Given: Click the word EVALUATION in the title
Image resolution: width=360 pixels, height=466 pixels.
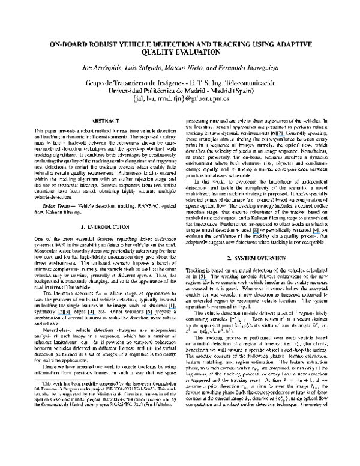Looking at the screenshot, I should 200,52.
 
